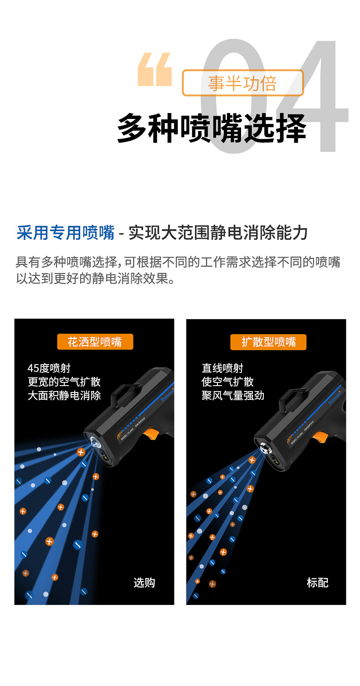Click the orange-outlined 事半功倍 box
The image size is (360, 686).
(242, 83)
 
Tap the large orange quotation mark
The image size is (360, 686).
(154, 69)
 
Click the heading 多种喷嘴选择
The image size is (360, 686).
(211, 129)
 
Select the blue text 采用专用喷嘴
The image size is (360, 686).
(65, 233)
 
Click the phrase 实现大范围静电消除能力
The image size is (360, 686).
(218, 233)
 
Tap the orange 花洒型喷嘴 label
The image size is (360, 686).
(95, 341)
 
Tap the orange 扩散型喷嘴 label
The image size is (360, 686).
(269, 342)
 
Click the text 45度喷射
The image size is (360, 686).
(49, 368)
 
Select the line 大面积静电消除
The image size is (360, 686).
(64, 395)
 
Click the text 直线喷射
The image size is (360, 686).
(222, 368)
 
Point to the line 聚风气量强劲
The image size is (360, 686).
(233, 395)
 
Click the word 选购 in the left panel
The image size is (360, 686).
(144, 583)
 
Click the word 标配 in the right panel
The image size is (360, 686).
(317, 583)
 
